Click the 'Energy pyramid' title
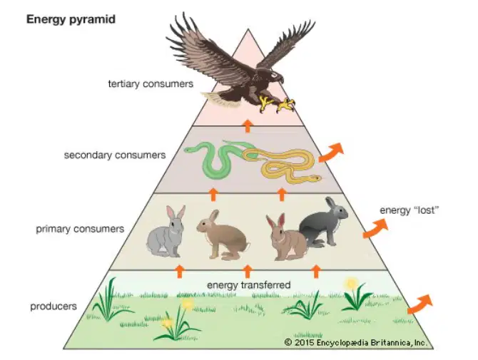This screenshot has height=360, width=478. (71, 20)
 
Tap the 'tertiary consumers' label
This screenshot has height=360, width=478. (151, 83)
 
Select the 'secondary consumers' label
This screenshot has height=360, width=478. (115, 155)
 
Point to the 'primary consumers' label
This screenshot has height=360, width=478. (80, 229)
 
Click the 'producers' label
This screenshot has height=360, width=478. (54, 307)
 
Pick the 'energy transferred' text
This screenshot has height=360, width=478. (249, 285)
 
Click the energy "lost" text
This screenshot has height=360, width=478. (409, 210)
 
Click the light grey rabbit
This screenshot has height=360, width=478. (166, 232)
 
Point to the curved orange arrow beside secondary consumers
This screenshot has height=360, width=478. (332, 152)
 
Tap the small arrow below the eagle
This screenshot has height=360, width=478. (248, 126)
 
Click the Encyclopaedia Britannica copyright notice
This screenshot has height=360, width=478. (355, 343)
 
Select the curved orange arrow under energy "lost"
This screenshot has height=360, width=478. (376, 228)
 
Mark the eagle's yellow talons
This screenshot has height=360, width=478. (277, 104)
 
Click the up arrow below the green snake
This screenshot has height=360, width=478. (213, 195)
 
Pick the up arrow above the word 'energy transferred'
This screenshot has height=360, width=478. (248, 272)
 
